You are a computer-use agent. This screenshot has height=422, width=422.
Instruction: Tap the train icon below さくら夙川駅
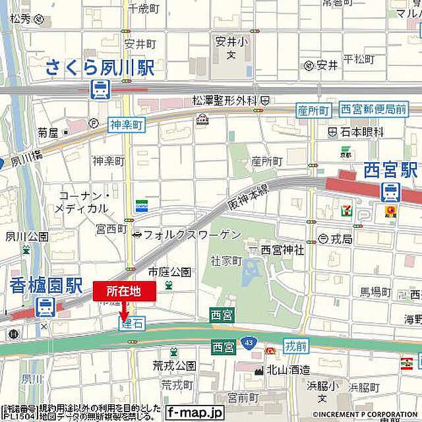click(100, 89)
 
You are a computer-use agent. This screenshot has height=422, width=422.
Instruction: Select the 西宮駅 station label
click(391, 169)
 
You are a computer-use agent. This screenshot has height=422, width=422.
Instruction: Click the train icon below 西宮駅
click(390, 192)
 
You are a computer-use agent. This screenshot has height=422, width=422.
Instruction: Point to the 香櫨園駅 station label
click(46, 285)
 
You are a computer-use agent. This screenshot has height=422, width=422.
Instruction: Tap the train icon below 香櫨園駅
click(45, 307)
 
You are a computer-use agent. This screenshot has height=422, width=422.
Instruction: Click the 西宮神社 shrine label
click(282, 250)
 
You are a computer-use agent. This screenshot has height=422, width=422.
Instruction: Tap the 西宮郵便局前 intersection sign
click(373, 109)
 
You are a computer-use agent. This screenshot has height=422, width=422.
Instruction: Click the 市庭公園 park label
click(169, 272)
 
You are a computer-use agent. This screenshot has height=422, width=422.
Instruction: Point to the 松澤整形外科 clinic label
click(224, 100)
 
